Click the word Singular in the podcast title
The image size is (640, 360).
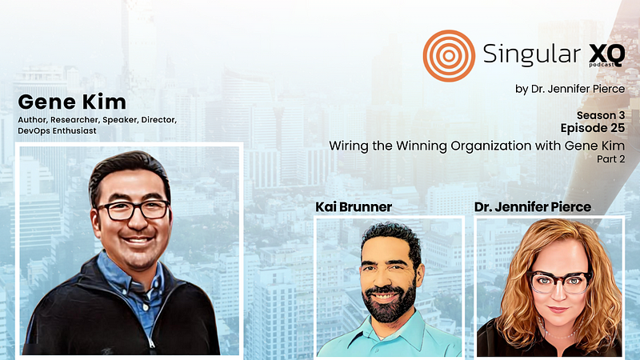524,54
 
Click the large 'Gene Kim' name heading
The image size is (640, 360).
72,102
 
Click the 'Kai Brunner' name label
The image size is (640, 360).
353,207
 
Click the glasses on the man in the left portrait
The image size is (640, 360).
134,210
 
